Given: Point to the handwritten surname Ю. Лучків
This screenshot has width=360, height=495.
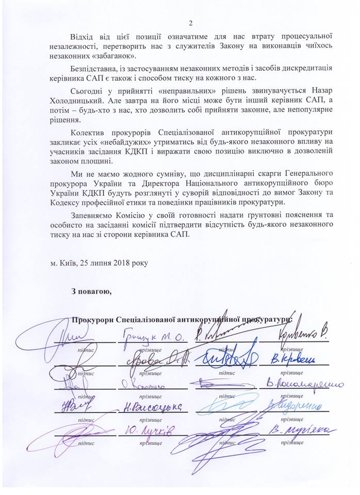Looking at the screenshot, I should (x=150, y=431).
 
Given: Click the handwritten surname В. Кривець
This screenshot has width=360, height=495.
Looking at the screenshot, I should (x=291, y=359).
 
